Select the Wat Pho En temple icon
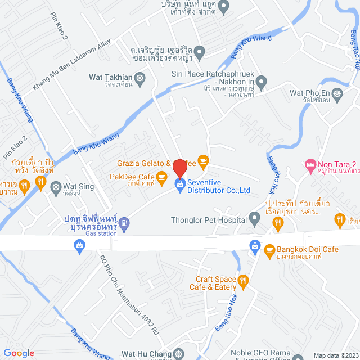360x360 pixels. pyautogui.click(x=337, y=93)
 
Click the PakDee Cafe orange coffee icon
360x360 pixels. pyautogui.click(x=162, y=178)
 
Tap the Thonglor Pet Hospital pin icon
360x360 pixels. pyautogui.click(x=254, y=217)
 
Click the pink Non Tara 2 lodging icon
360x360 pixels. pyautogui.click(x=310, y=164)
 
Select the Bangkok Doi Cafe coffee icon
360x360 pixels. pyautogui.click(x=269, y=249)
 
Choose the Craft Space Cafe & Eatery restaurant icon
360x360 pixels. pyautogui.click(x=243, y=280)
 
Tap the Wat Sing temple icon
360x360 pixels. pyautogui.click(x=56, y=186)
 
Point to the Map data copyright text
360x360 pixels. pyautogui.click(x=335, y=355)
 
